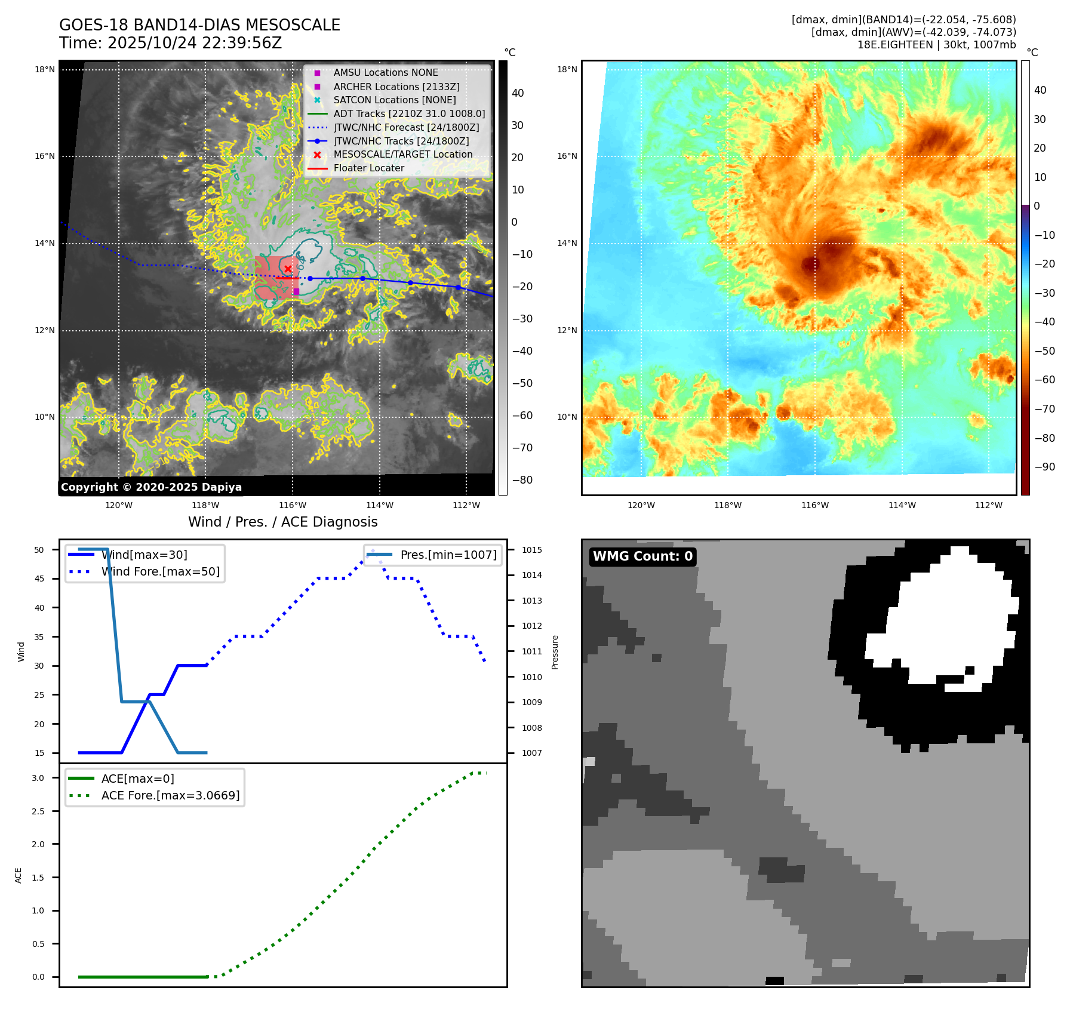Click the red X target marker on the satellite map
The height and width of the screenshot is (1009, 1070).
pos(288,269)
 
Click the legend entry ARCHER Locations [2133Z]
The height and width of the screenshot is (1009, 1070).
pos(396,87)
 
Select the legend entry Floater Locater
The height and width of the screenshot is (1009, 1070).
pos(368,168)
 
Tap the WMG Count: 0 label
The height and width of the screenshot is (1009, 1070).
pos(642,556)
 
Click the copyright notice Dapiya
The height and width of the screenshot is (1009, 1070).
pos(151,487)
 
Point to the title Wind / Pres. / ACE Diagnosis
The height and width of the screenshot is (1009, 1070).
pos(282,522)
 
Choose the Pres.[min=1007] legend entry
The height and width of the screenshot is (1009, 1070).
pos(448,555)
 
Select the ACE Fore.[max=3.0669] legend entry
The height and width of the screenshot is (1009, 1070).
pos(170,795)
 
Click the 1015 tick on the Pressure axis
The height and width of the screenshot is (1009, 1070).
pos(531,550)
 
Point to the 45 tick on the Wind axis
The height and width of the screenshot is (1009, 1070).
pos(39,579)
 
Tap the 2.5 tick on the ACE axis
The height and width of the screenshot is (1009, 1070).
pos(38,811)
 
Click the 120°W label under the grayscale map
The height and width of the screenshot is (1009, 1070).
pos(119,506)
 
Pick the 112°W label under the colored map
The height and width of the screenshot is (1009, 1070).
pos(989,506)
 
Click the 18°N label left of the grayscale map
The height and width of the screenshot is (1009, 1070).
pos(45,70)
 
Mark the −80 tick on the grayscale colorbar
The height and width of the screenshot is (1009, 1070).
pos(522,480)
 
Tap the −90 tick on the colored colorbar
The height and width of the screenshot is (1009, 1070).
pos(1044,467)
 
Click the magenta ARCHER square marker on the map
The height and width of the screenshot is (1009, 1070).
pos(296,291)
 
